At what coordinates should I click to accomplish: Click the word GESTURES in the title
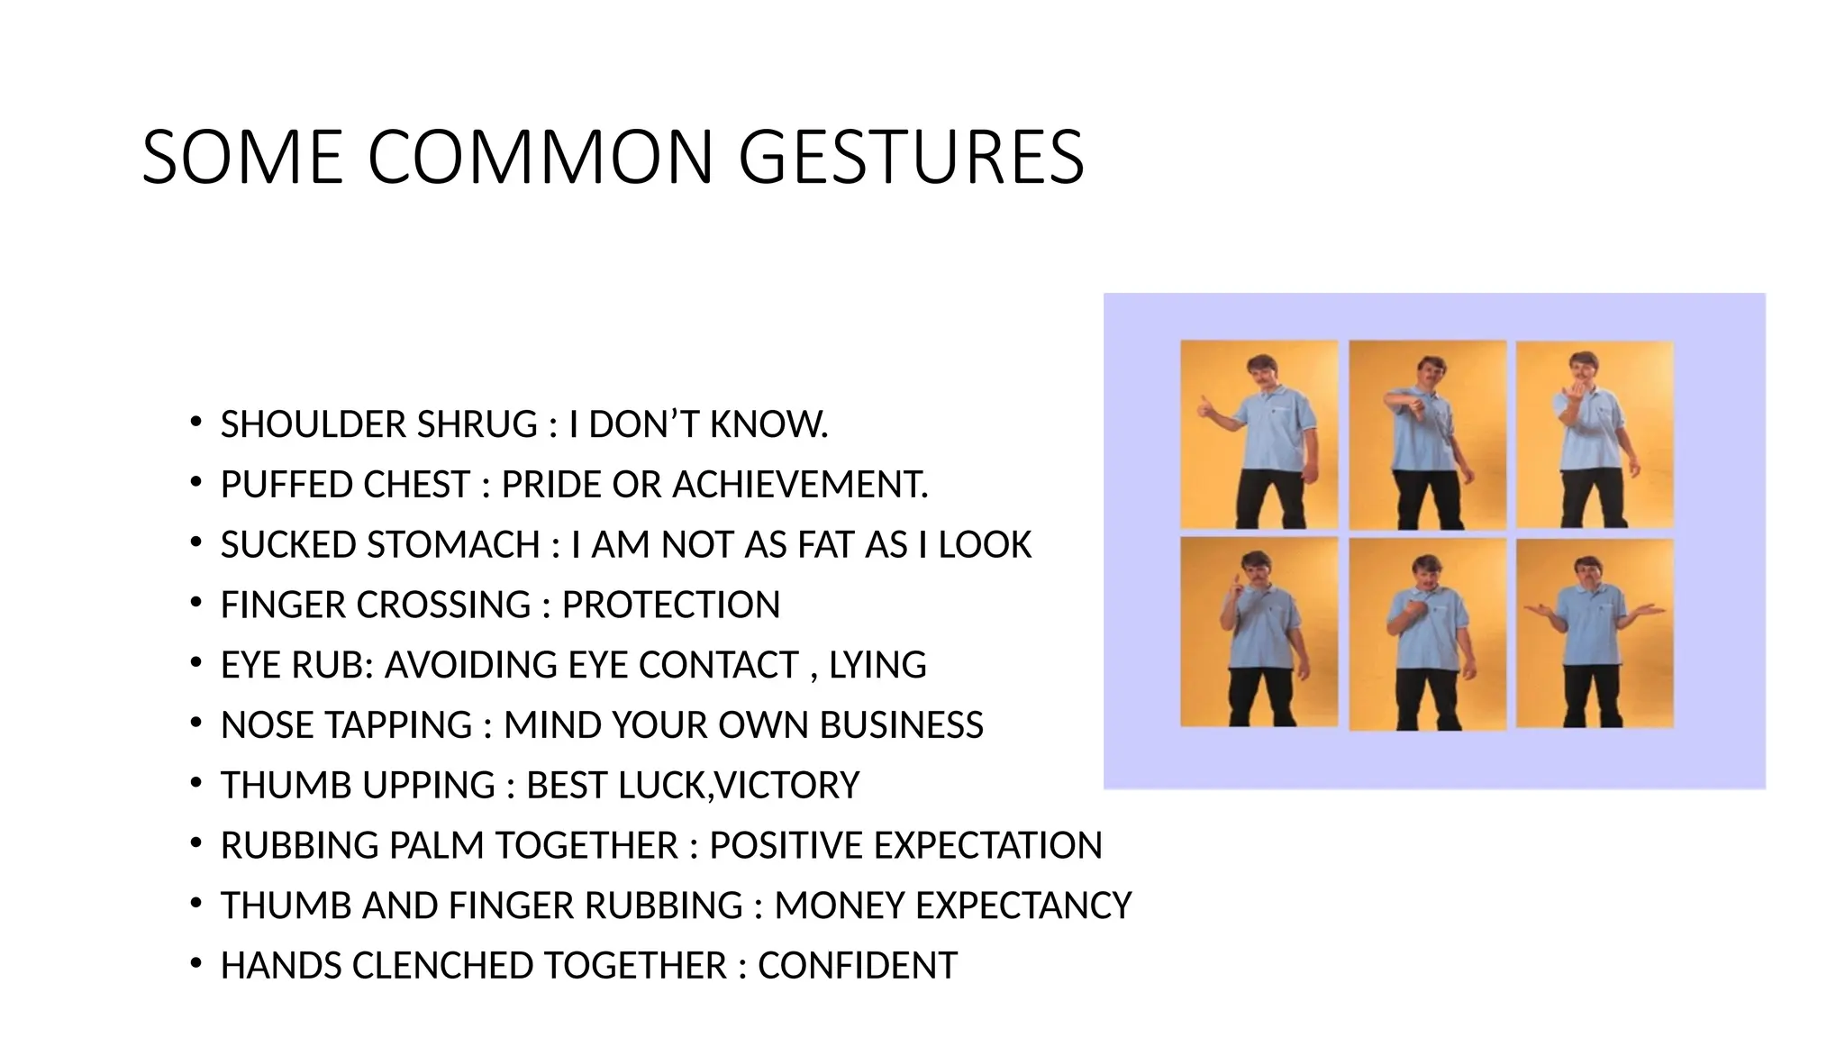[911, 158]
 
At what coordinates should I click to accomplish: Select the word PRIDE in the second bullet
[550, 485]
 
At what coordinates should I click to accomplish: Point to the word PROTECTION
[670, 605]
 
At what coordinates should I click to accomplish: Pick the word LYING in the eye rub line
[877, 665]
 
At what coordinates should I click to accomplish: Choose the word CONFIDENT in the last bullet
[857, 966]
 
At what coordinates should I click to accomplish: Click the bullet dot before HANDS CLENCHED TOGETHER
[195, 964]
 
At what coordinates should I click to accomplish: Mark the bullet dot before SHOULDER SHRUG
[195, 423]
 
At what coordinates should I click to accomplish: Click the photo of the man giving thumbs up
[1259, 434]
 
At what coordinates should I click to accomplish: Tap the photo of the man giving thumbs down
[1427, 434]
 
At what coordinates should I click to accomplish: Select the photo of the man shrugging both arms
[1595, 633]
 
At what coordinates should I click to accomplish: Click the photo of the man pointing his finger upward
[1259, 633]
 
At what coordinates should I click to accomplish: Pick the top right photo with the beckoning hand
[1595, 434]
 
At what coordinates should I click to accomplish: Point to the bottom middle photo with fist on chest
[1427, 633]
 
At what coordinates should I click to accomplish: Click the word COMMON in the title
[540, 158]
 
